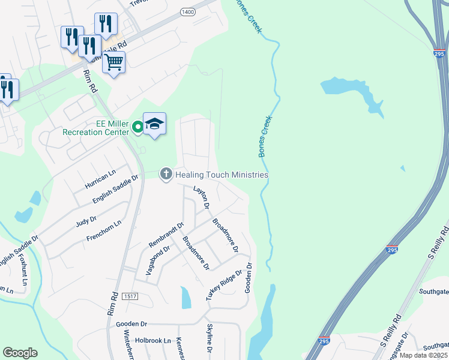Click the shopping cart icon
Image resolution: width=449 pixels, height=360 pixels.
click(113, 62)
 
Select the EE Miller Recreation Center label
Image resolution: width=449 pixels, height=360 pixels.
click(95, 128)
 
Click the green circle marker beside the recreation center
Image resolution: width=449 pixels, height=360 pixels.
click(137, 127)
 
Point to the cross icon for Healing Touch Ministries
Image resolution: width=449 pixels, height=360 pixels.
click(166, 174)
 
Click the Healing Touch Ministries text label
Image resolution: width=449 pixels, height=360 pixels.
click(221, 175)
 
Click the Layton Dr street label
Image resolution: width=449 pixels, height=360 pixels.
click(200, 197)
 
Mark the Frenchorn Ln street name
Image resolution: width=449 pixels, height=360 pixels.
click(104, 230)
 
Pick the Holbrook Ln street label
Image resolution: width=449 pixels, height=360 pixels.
click(145, 340)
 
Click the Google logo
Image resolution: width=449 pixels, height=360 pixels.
click(20, 353)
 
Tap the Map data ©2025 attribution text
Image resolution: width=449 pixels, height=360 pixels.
click(423, 355)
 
